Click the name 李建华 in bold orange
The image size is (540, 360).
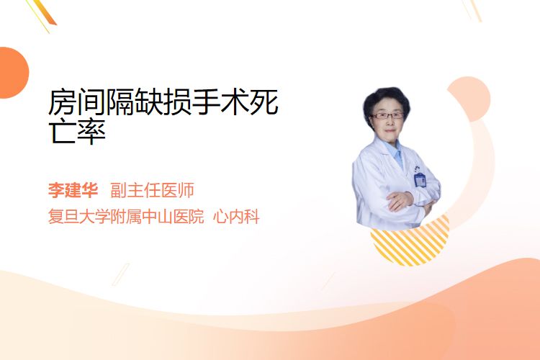coord(73,190)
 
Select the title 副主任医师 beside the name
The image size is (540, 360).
coord(152,190)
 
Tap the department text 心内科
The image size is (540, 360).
coord(236,217)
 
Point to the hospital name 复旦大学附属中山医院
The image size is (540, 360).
coord(126,217)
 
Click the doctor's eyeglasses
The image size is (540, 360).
coord(387,115)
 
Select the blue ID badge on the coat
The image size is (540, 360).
coord(420,180)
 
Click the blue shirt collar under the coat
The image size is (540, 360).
coord(395,152)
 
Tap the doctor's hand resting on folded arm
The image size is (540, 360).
coord(399,200)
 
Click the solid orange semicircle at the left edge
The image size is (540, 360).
coord(13,73)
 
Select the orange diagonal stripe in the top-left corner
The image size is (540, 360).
coord(46,12)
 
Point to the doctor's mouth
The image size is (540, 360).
coord(389,131)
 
